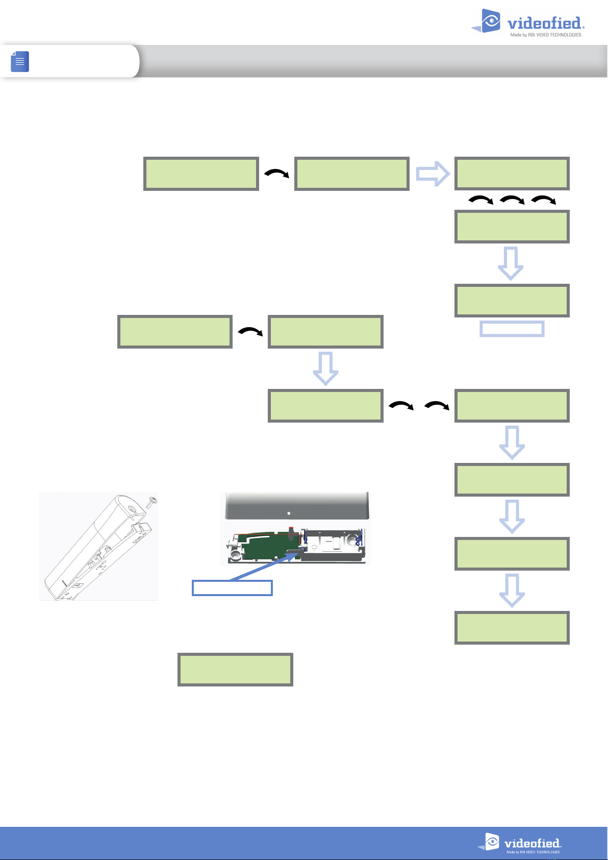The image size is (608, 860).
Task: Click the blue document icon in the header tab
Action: tap(20, 61)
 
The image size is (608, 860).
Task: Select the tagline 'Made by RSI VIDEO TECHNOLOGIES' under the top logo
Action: tap(546, 35)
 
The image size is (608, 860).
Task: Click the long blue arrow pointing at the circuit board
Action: tap(263, 566)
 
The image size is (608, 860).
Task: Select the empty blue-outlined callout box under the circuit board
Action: tap(232, 588)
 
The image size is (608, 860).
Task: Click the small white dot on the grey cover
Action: tap(289, 513)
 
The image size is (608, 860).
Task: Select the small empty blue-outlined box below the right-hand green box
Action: tap(512, 329)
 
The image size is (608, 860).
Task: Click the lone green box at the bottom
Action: tap(235, 669)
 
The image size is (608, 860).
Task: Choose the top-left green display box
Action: tap(201, 174)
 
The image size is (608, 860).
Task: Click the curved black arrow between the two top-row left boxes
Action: tap(276, 174)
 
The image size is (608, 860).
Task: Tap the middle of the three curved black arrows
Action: tap(512, 201)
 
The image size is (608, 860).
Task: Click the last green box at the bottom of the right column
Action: tap(512, 628)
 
